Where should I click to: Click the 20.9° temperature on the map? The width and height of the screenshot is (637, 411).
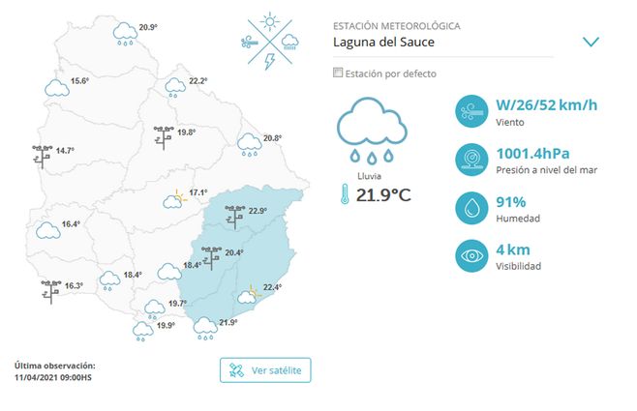[x=148, y=26]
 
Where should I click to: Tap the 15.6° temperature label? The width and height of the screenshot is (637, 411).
[x=80, y=80]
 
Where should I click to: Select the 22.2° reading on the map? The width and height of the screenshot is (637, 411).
[x=198, y=80]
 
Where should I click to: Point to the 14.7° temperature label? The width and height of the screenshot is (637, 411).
[x=65, y=150]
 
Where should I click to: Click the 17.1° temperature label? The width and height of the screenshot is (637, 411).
[x=198, y=191]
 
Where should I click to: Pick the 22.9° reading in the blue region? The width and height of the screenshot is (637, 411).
[x=258, y=211]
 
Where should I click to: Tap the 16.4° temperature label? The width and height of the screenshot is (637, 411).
[x=71, y=223]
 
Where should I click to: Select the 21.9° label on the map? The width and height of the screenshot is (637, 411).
[x=228, y=322]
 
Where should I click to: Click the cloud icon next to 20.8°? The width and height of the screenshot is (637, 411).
[x=250, y=145]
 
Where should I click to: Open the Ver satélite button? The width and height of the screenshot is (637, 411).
[x=266, y=370]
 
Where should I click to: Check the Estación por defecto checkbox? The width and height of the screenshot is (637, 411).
[x=337, y=73]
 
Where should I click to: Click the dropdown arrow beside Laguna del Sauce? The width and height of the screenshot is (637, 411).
[x=591, y=42]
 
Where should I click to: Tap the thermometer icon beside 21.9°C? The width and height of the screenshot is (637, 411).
[x=344, y=195]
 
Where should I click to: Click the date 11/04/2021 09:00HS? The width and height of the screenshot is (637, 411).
[x=53, y=376]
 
